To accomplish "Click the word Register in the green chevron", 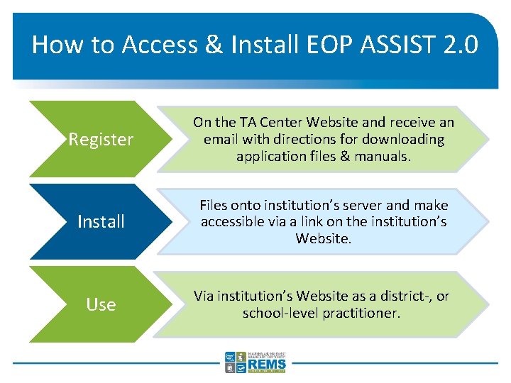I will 101,140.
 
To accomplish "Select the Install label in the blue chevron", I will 101,222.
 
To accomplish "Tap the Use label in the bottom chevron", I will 101,305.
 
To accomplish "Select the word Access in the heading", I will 156,45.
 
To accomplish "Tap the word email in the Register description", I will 222,139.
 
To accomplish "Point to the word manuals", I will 384,155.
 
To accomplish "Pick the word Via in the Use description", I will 204,296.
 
